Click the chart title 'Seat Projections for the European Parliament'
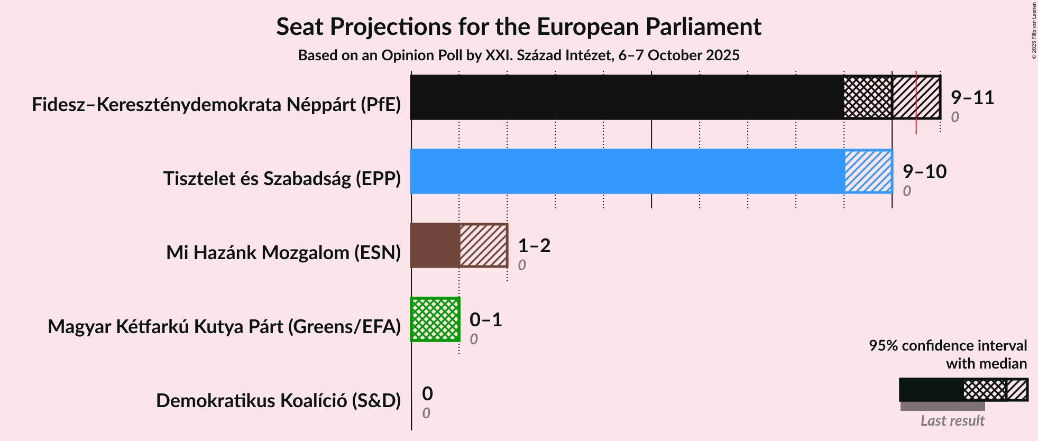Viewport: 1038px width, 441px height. [x=518, y=26]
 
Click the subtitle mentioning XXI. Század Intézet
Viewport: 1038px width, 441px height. [x=518, y=55]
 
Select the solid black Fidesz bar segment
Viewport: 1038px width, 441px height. [x=627, y=97]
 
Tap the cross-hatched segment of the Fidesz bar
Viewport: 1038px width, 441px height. [x=868, y=97]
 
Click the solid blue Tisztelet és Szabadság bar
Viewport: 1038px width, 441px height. [x=627, y=171]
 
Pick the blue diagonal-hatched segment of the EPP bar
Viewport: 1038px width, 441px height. [x=868, y=171]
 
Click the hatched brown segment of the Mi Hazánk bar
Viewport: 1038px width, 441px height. [x=483, y=245]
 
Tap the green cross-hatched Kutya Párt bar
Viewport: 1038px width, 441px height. [x=435, y=319]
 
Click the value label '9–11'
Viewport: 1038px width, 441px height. [x=972, y=97]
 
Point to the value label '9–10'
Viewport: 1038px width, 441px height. [x=924, y=171]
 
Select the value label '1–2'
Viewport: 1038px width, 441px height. [x=534, y=245]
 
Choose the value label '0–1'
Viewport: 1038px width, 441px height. [x=485, y=319]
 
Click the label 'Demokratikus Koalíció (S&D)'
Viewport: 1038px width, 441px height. [x=278, y=401]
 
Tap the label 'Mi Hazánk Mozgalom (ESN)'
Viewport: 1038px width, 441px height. [x=283, y=253]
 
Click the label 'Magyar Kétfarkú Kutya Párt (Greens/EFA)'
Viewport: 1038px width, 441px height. [x=224, y=327]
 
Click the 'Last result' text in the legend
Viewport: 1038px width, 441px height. [x=952, y=420]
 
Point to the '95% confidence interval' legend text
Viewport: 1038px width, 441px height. [x=948, y=346]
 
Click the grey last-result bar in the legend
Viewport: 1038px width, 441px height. [x=942, y=406]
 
